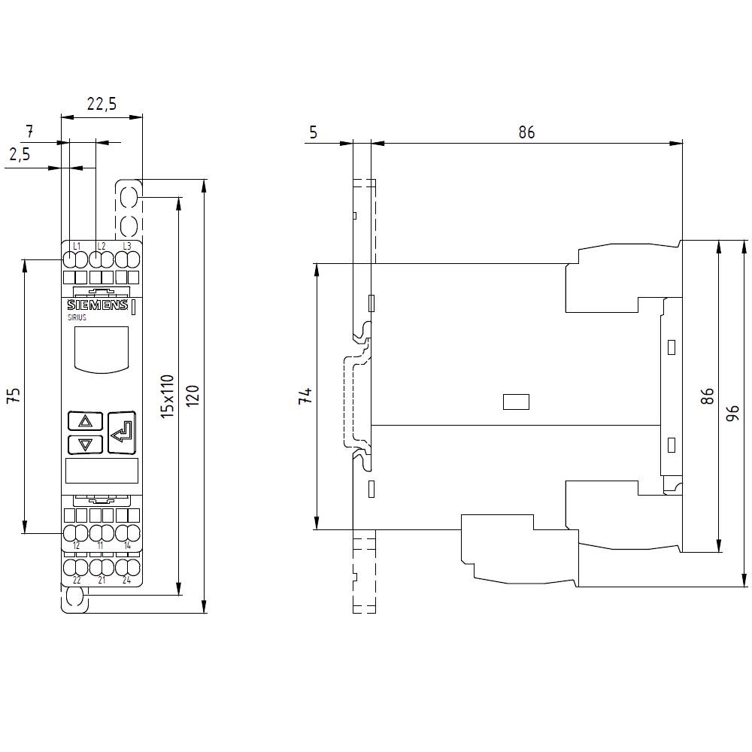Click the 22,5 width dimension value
[101, 105]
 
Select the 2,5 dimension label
[20, 154]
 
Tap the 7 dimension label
[29, 131]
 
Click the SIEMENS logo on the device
[97, 305]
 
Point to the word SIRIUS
[77, 318]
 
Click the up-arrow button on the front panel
[85, 421]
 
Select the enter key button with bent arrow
[122, 432]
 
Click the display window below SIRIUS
[102, 349]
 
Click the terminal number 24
[126, 580]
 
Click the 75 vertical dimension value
[14, 396]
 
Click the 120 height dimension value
[193, 396]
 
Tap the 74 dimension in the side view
[305, 396]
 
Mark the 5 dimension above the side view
[314, 132]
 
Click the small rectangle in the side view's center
[516, 402]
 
